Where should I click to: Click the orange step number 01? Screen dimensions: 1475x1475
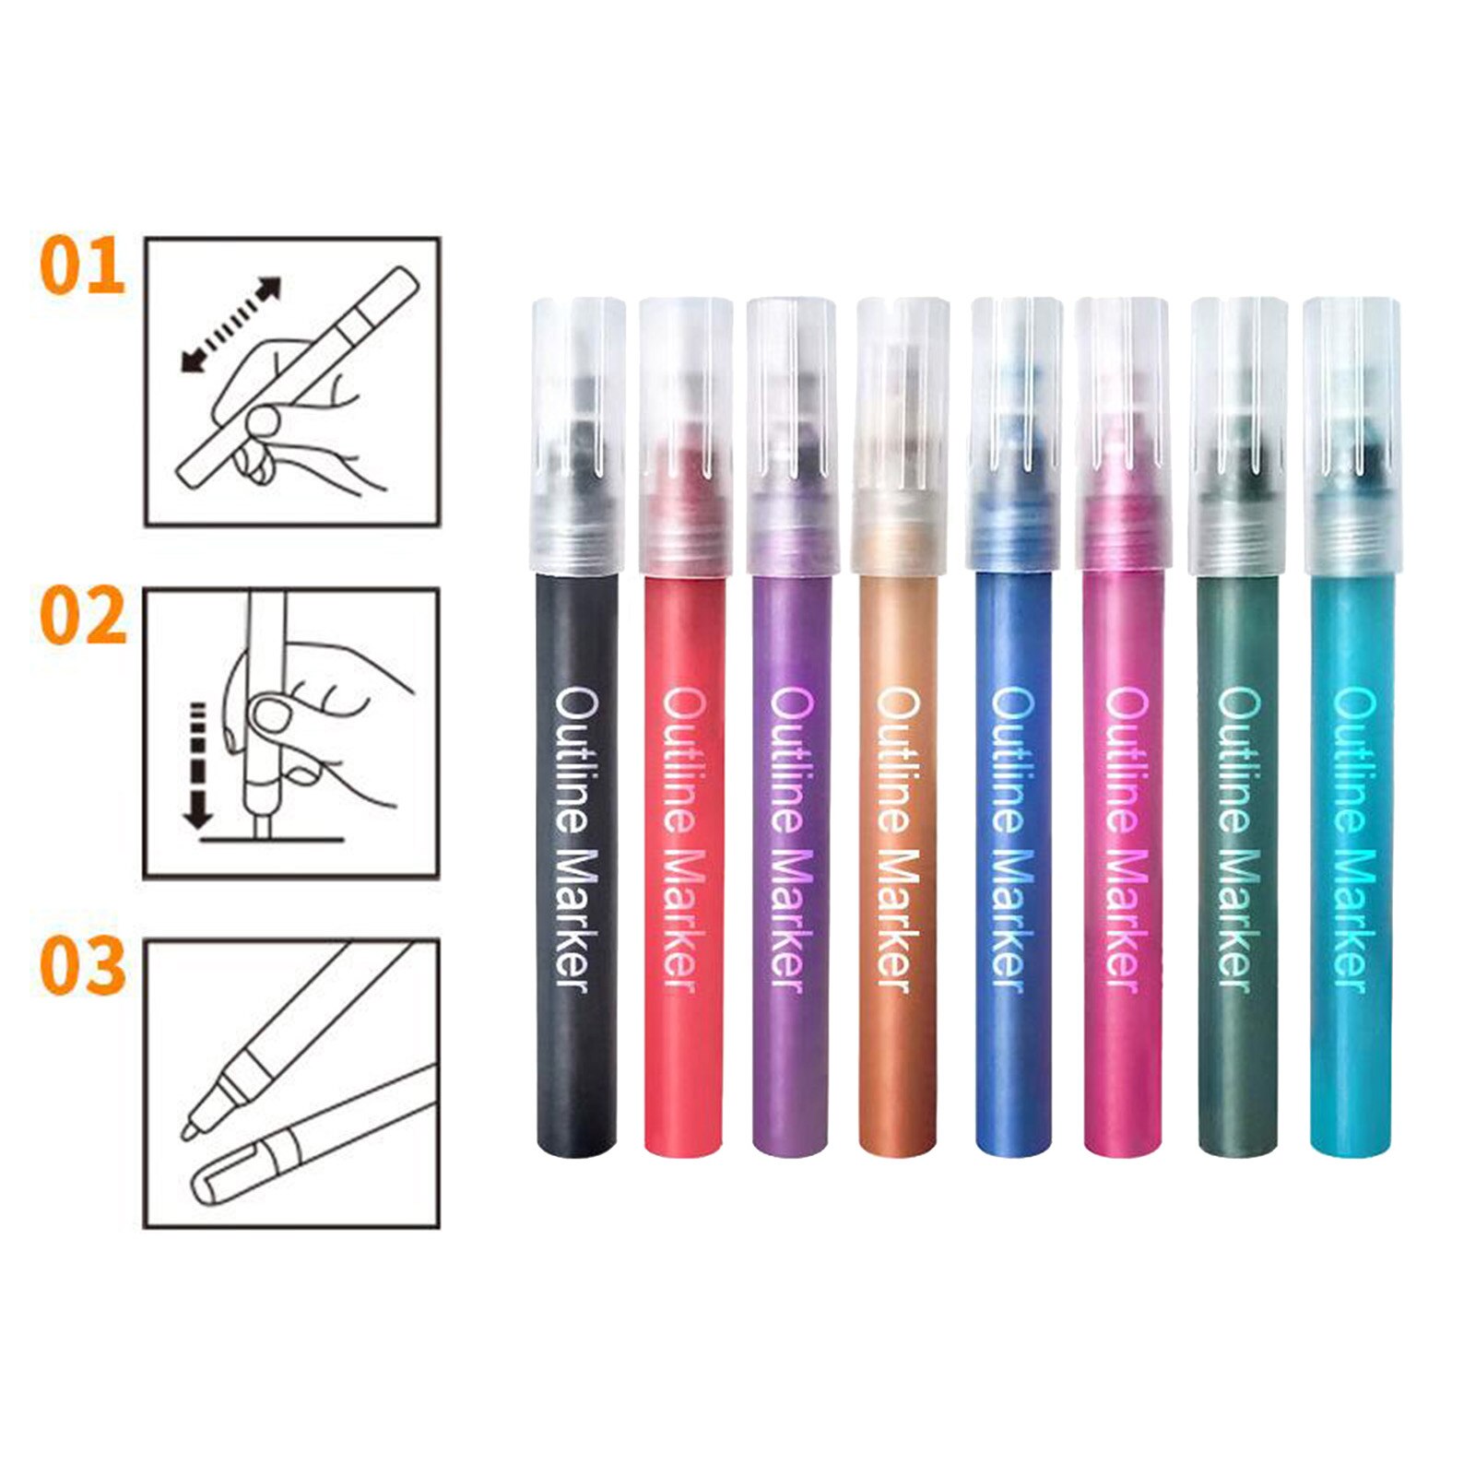82,266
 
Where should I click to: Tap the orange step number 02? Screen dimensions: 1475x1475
82,617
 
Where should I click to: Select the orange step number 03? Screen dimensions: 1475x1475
82,965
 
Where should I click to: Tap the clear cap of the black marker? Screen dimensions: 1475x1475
578,433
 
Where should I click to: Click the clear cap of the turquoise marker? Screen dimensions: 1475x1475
1352,433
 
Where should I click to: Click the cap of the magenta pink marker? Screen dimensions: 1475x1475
1122,433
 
